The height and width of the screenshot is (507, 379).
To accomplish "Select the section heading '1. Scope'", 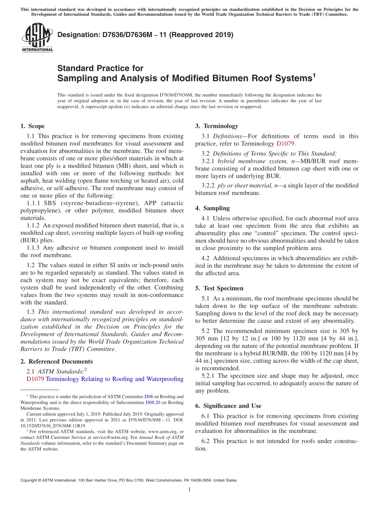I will pyautogui.click(x=33, y=126).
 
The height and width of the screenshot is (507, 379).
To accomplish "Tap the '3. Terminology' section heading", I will pyautogui.click(x=217, y=126).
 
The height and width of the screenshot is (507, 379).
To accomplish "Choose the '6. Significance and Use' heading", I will pyautogui.click(x=228, y=406).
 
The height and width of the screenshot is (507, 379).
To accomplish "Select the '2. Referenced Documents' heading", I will pyautogui.click(x=57, y=362).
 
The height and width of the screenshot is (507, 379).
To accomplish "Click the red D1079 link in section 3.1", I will pyautogui.click(x=285, y=143).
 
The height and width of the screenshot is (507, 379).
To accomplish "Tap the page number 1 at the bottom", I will pyautogui.click(x=189, y=490).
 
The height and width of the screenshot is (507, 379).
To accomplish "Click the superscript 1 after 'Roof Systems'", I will pyautogui.click(x=314, y=74).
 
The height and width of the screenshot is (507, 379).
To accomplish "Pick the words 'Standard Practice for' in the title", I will pyautogui.click(x=100, y=68).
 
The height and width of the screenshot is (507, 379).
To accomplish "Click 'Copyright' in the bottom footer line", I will pyautogui.click(x=30, y=480).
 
